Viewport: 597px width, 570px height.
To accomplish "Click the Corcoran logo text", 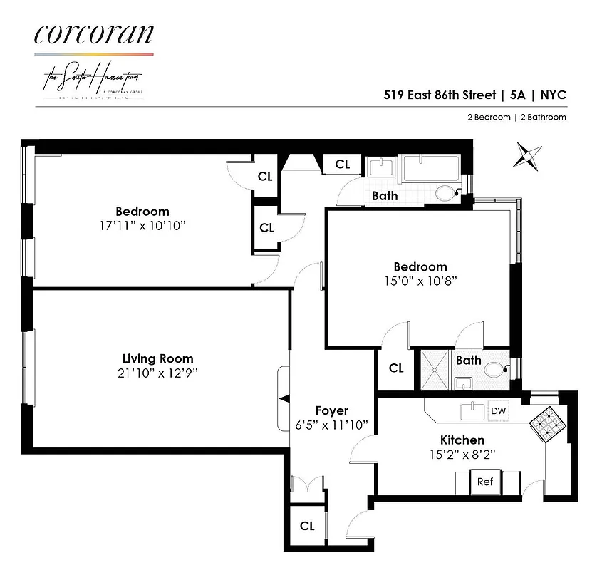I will tap(93, 34).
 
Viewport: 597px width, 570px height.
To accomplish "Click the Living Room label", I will tap(157, 358).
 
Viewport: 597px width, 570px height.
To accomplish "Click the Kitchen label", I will tap(462, 440).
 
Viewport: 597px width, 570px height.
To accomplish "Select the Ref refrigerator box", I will tap(485, 482).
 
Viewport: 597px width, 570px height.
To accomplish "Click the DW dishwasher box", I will tap(499, 411).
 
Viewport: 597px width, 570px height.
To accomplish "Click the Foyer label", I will tap(331, 410).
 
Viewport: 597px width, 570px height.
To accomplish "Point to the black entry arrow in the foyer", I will tap(284, 398).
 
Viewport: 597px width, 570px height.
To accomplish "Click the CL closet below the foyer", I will tap(307, 526).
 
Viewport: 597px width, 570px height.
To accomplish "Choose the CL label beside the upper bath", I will tap(343, 165).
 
